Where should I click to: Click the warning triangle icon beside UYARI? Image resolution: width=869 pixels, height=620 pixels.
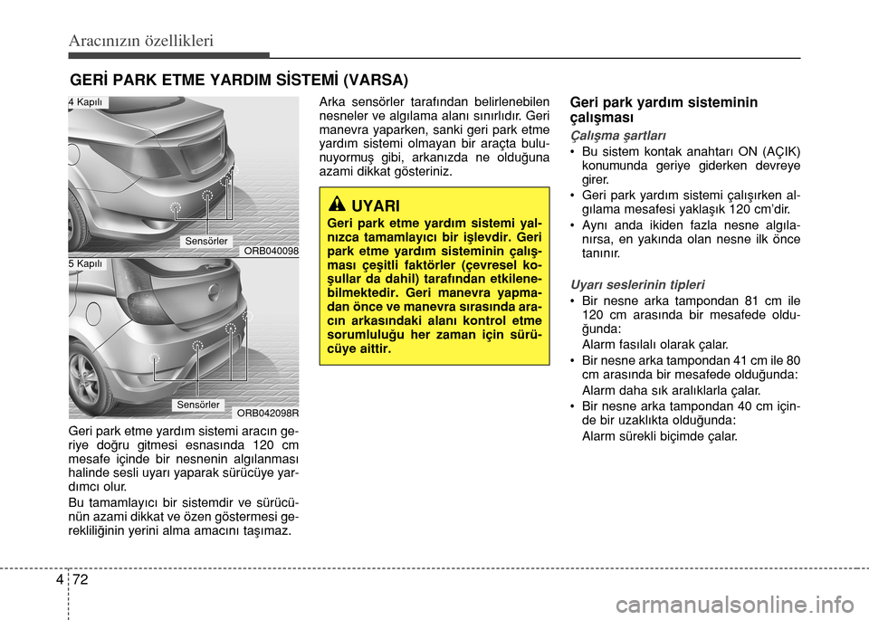pos(337,205)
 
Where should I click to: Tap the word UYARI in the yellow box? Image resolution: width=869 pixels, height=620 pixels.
pos(375,206)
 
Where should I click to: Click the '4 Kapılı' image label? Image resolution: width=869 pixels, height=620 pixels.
pos(87,102)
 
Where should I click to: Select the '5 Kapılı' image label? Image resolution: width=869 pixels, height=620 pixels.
pos(87,263)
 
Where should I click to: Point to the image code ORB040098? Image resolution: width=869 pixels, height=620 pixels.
pos(271,251)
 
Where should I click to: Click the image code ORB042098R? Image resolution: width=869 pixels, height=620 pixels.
pos(268,413)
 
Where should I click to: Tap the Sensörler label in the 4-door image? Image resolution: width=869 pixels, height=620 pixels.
pos(206,241)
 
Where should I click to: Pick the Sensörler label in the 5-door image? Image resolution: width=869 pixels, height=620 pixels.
pos(198,405)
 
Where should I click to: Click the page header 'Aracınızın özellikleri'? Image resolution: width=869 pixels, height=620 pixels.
pos(141,41)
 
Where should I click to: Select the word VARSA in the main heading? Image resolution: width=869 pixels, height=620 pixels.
pos(376,81)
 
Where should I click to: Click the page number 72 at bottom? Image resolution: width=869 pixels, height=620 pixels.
pos(81,580)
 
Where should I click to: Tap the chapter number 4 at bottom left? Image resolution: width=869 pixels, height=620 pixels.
pos(60,580)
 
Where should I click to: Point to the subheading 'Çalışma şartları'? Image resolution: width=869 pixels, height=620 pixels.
pos(618,136)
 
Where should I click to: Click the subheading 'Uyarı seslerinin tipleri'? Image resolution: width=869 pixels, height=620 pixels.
pos(637,285)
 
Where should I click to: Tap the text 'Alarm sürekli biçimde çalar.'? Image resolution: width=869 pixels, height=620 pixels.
pos(660,436)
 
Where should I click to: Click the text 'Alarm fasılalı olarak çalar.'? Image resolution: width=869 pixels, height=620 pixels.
pos(655,345)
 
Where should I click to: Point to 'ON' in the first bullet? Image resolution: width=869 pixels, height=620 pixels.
pos(749,152)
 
